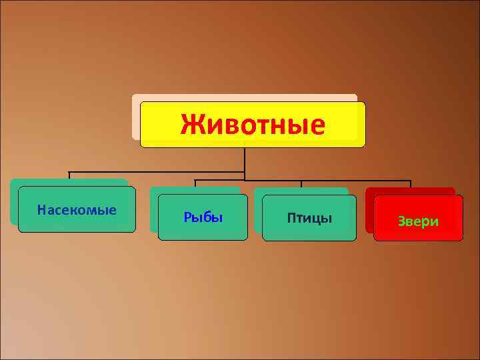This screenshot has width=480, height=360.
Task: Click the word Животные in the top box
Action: click(253, 125)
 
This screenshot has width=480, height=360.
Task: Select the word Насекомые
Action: click(77, 211)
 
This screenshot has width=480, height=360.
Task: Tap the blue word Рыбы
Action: click(203, 218)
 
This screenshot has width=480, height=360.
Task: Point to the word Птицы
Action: click(309, 218)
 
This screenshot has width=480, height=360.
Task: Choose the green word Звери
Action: click(418, 221)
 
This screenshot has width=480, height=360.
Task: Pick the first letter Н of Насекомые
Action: click(41, 211)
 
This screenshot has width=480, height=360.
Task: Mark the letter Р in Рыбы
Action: click(187, 218)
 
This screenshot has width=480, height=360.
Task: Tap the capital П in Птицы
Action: click(291, 218)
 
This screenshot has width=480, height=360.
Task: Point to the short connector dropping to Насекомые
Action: click(69, 176)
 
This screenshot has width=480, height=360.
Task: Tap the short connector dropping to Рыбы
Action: click(195, 183)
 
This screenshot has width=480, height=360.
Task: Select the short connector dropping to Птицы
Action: click(301, 185)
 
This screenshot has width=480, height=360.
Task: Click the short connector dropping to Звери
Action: click(411, 185)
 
